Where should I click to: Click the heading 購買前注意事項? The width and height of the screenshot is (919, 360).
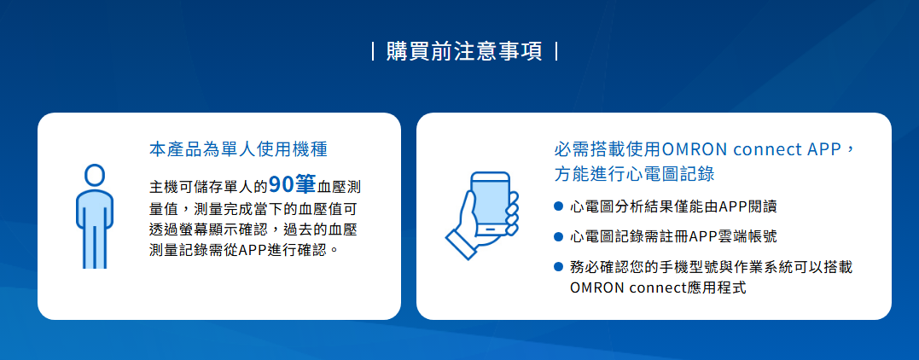(464, 51)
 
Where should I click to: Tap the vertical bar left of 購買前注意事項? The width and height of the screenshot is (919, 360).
(374, 51)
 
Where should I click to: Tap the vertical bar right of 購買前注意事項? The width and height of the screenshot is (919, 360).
(555, 51)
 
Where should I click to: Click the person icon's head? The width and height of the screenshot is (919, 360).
(95, 175)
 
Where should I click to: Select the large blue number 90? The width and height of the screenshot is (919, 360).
(283, 185)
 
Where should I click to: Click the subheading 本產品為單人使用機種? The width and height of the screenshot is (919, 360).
(238, 149)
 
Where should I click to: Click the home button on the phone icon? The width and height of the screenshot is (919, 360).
(491, 228)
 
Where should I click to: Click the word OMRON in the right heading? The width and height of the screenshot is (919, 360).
(687, 149)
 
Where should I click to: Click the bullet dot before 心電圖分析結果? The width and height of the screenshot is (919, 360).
(558, 206)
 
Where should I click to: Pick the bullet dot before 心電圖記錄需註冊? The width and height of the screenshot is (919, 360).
(558, 237)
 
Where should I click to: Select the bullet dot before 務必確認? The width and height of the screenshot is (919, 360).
(558, 267)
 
